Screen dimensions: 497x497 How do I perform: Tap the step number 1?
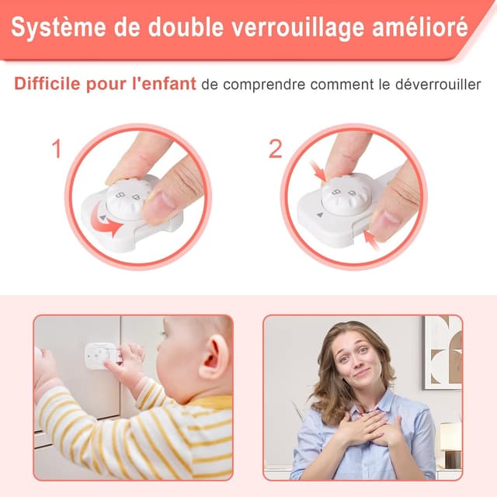56,149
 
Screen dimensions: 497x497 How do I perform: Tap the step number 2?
276,149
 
